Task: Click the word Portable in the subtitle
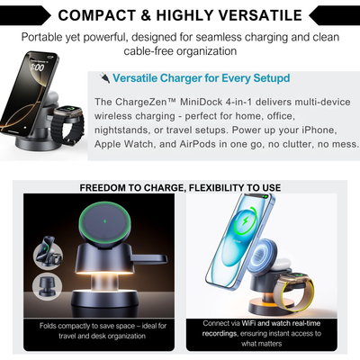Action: [71, 38]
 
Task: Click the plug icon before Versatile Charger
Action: [106, 78]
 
